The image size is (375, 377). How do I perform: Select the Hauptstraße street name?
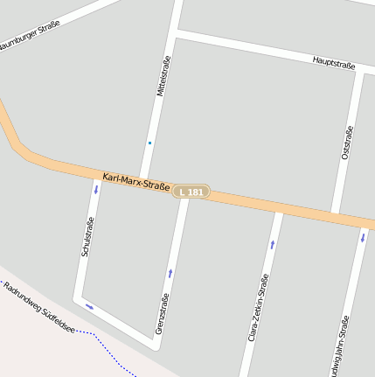point(334,64)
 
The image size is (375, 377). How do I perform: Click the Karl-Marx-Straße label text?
point(135,181)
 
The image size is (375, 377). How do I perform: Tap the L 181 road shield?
point(191,192)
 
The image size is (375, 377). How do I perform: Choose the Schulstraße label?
point(87,236)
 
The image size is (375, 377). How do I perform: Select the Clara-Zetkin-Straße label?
point(258,307)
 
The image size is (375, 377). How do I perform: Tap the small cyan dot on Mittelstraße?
point(149,143)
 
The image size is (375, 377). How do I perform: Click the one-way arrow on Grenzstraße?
point(170,274)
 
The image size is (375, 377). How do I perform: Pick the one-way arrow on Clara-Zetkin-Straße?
point(272,245)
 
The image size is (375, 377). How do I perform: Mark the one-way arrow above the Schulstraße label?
point(96,189)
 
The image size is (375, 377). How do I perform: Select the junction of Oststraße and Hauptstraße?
point(360,72)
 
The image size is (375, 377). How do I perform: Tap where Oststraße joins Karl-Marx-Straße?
point(336,212)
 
